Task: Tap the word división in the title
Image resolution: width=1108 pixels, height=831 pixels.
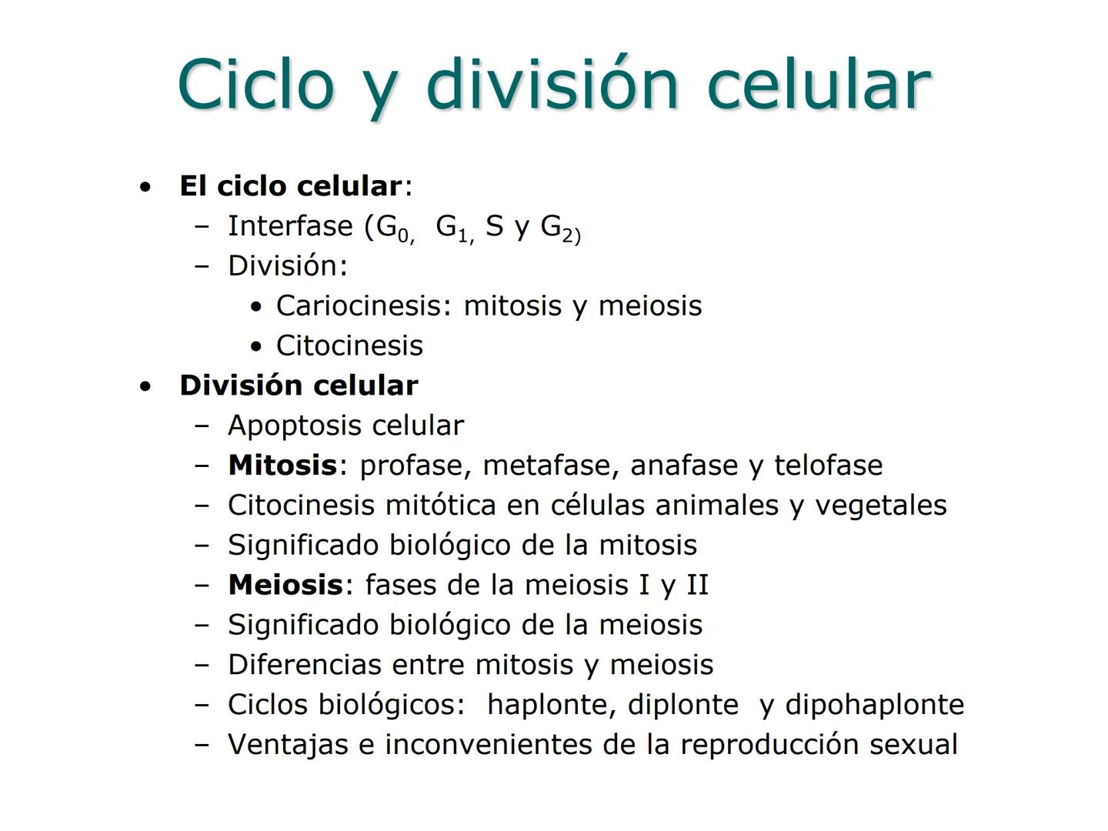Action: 552,83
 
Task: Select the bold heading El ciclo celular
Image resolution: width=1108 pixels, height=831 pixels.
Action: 290,186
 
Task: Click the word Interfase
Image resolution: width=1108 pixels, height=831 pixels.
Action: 290,226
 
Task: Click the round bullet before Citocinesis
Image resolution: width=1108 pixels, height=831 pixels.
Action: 257,347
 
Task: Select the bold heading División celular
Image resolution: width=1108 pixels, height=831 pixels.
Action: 299,385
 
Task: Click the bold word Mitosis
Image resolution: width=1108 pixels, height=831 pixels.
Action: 282,466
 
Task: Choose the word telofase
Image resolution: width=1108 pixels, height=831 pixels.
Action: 828,466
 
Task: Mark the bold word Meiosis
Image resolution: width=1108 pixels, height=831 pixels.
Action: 285,586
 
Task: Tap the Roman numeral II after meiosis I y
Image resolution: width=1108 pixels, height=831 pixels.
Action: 696,586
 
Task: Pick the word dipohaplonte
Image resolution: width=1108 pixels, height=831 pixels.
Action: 874,706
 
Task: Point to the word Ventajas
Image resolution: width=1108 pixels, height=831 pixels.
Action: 288,746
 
